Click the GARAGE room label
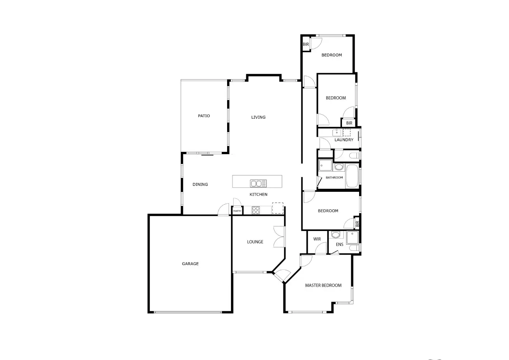pos(190,264)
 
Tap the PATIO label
pos(204,116)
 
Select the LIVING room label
pos(258,117)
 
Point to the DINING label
pos(200,185)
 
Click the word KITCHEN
pos(258,194)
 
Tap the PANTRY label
pos(237,211)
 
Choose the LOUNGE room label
pos(255,242)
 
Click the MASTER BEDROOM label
pos(323,285)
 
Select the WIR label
pos(317,239)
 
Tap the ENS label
pos(340,244)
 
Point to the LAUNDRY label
pos(344,140)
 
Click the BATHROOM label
pos(334,178)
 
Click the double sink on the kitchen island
pos(258,183)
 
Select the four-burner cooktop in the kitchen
pos(256,210)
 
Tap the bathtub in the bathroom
pos(352,176)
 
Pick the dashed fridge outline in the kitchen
pos(278,208)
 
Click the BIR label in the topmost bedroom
pos(306,45)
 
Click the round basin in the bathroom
pos(339,167)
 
